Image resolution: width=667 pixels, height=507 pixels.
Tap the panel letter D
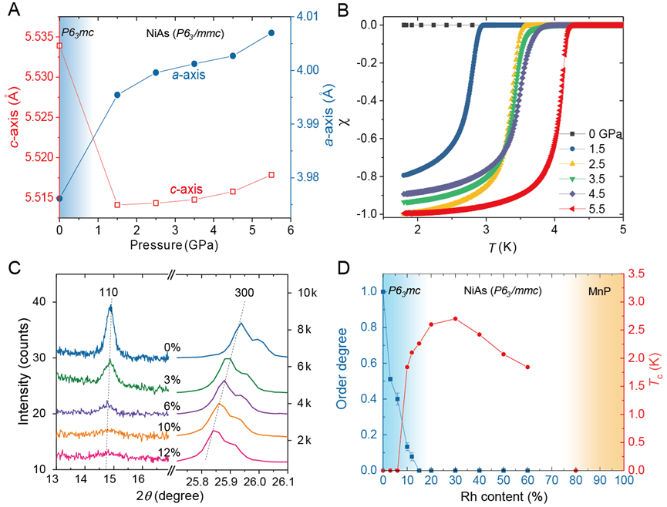(345, 267)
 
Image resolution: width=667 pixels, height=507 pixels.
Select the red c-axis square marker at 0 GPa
(59, 45)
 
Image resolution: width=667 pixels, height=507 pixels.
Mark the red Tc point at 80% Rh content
(575, 470)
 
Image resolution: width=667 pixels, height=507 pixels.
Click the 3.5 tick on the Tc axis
(635, 274)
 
